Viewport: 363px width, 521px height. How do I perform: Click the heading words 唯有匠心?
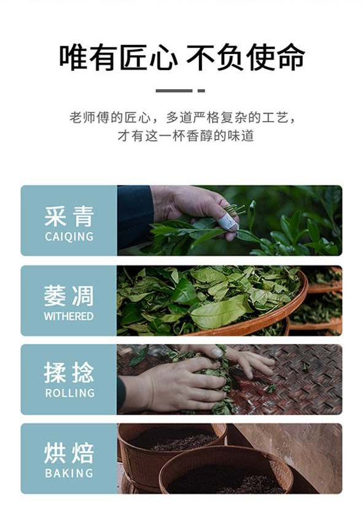(x=118, y=57)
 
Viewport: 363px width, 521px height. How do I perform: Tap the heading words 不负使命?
(x=245, y=57)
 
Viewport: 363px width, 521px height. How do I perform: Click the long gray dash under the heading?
(x=174, y=90)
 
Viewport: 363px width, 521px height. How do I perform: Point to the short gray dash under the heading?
(x=201, y=90)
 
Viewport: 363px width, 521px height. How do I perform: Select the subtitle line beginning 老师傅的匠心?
(x=182, y=117)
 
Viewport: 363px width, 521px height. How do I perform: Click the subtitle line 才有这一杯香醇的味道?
(x=185, y=136)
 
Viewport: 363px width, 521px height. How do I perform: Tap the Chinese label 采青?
(x=69, y=216)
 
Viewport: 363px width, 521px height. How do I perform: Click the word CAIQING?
(x=69, y=237)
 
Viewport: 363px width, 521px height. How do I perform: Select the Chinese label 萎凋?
(x=69, y=296)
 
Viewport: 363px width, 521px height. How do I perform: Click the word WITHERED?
(x=69, y=316)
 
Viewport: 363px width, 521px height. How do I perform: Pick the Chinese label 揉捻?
(x=69, y=372)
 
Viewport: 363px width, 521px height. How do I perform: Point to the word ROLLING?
(x=70, y=393)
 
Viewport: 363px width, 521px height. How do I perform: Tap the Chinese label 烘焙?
(x=69, y=453)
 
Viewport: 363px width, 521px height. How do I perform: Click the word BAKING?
(x=69, y=473)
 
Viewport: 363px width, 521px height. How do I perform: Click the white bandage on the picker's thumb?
(x=228, y=222)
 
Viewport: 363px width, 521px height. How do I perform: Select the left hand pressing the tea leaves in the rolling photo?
(x=179, y=385)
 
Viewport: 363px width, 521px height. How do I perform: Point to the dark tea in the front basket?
(x=226, y=480)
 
